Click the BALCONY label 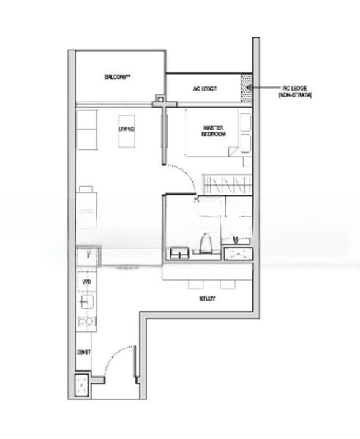(116, 77)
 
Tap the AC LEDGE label (206, 89)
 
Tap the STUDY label (207, 299)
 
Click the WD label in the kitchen (86, 281)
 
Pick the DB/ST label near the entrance (84, 353)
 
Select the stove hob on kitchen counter (86, 321)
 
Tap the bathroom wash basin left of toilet (179, 253)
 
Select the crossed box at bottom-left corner (83, 386)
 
